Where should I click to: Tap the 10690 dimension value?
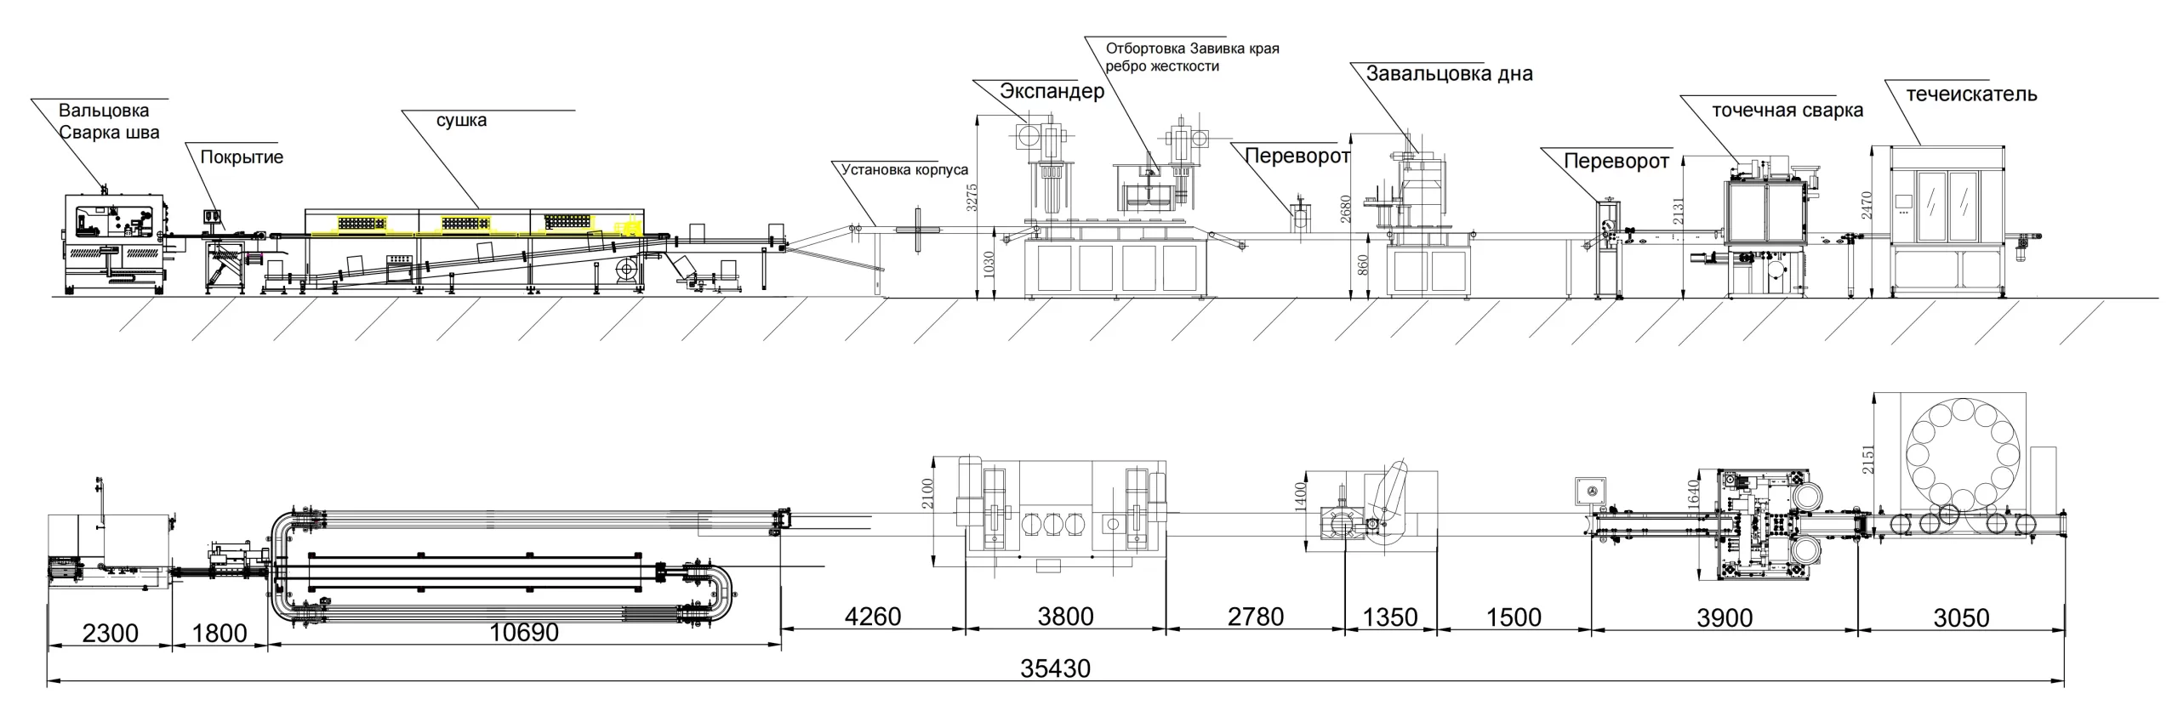coord(524,632)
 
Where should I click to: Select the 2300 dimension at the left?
coord(110,633)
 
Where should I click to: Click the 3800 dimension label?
coord(1065,616)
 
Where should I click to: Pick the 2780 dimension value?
coord(1255,616)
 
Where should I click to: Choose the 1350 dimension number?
coord(1390,617)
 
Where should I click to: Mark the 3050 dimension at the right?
coord(1961,617)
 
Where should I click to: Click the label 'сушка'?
coord(461,120)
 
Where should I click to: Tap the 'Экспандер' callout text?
coord(1052,91)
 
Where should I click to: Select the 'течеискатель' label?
coord(1971,94)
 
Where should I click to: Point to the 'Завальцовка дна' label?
coord(1449,74)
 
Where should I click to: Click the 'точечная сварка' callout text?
coord(1787,111)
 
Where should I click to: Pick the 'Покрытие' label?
coord(242,157)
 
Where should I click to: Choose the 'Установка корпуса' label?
coord(904,169)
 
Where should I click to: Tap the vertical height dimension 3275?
coord(973,197)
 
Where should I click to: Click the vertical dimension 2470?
coord(1867,205)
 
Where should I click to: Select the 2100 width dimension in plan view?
coord(927,494)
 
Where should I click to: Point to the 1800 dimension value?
coord(219,633)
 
